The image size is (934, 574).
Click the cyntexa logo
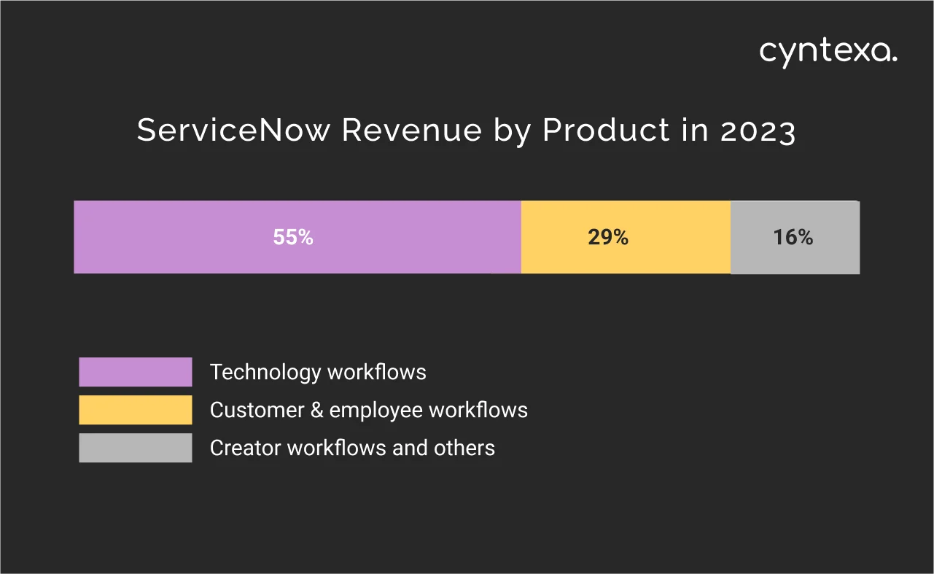point(828,53)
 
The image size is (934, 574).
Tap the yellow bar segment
point(554,237)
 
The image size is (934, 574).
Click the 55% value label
point(293,237)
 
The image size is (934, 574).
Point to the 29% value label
point(608,237)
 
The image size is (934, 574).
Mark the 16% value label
point(793,237)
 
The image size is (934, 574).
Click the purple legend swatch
point(136,372)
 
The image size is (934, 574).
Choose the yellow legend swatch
point(136,410)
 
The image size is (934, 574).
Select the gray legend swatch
point(136,448)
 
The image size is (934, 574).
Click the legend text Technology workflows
point(318,372)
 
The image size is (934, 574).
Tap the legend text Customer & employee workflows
point(368,410)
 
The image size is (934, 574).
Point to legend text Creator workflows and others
point(352,448)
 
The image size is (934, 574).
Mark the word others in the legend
point(464,448)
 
